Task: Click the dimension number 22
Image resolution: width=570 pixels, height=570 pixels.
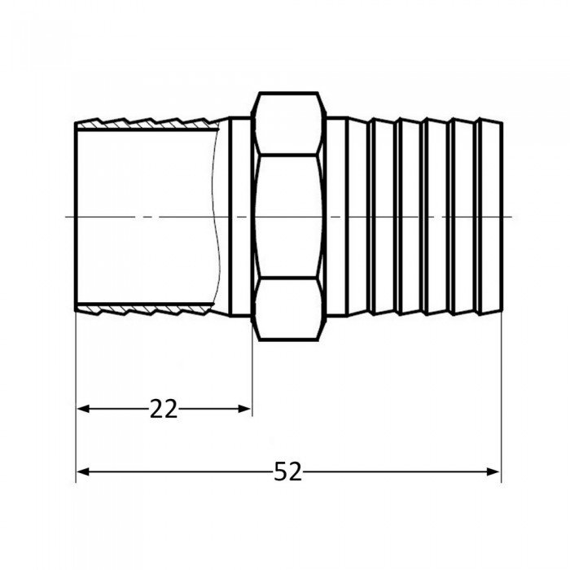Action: tap(164, 409)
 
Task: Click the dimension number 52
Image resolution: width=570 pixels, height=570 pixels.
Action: tap(287, 471)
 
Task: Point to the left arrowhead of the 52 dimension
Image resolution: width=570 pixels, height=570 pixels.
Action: tap(82, 471)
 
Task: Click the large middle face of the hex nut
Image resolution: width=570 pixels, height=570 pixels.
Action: tap(287, 216)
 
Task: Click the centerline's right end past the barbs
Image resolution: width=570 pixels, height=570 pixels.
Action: tap(508, 216)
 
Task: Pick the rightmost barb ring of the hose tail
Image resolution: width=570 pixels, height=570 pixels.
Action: tap(491, 216)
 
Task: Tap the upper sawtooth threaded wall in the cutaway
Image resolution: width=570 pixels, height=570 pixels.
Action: tap(147, 123)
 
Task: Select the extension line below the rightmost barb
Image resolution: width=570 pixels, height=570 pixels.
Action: tap(501, 391)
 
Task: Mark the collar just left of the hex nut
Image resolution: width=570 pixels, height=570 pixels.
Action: tap(240, 216)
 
